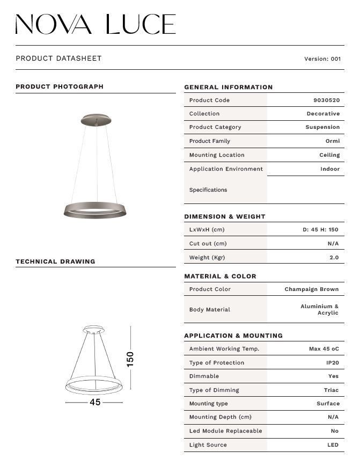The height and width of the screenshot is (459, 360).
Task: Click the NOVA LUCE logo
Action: pyautogui.click(x=95, y=25)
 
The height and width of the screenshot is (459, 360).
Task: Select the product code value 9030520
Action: pyautogui.click(x=326, y=100)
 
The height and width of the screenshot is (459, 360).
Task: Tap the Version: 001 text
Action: pyautogui.click(x=322, y=59)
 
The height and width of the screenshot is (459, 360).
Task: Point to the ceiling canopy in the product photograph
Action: pyautogui.click(x=97, y=118)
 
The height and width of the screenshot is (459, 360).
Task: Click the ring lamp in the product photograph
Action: pyautogui.click(x=94, y=210)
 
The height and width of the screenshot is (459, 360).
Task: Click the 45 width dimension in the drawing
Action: pyautogui.click(x=95, y=402)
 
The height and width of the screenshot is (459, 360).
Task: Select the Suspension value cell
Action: pyautogui.click(x=322, y=127)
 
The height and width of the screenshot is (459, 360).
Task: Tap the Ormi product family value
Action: pyautogui.click(x=333, y=141)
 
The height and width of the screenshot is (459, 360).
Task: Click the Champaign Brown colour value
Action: pyautogui.click(x=311, y=289)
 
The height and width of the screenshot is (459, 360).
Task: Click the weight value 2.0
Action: pyautogui.click(x=334, y=258)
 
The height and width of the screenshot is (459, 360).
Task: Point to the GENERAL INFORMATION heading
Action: pyautogui.click(x=228, y=87)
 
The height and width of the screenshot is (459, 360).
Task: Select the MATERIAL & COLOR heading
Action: pyautogui.click(x=220, y=276)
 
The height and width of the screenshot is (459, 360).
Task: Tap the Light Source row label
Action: pyautogui.click(x=208, y=445)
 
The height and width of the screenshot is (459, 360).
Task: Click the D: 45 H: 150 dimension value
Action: pyautogui.click(x=320, y=230)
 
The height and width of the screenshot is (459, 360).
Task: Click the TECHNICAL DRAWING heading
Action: pyautogui.click(x=55, y=261)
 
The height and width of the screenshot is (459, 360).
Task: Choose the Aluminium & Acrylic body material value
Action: pyautogui.click(x=320, y=310)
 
